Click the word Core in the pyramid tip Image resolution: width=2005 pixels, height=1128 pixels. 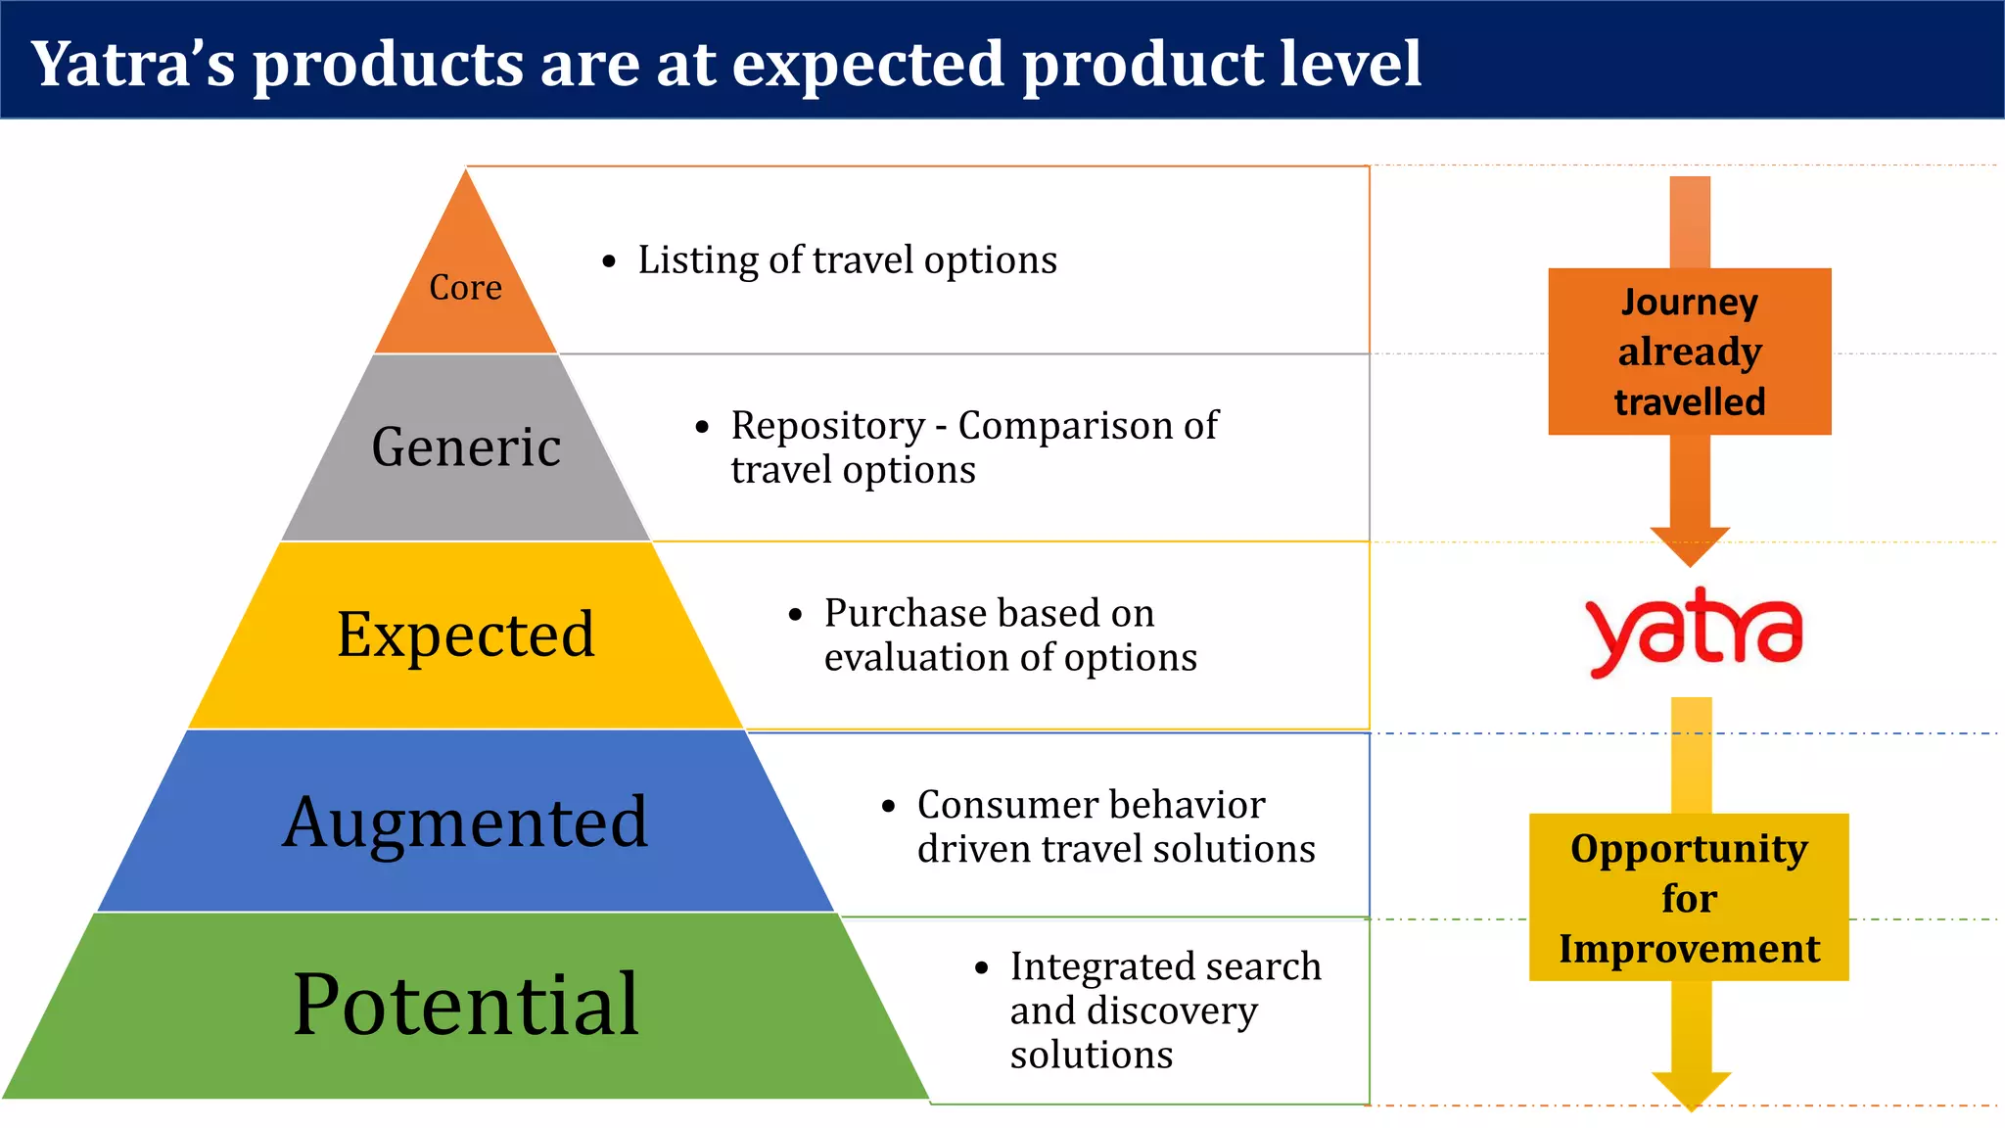coord(465,287)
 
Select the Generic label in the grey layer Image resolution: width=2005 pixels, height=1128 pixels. coord(466,447)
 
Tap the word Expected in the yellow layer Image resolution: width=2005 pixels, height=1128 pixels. coord(466,634)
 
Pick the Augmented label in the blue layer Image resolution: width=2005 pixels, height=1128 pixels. coord(466,822)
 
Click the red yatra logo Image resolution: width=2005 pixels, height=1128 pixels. coord(1693,632)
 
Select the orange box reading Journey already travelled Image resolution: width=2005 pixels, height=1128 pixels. coord(1689,352)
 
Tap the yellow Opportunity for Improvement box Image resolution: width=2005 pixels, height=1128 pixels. coord(1689,898)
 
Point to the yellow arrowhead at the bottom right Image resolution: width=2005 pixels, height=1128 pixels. coord(1691,1089)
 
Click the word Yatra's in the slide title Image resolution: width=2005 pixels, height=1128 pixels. coord(133,64)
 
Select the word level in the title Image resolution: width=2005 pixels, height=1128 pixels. coord(1350,64)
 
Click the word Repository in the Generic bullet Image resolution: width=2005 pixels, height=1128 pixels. coord(827,426)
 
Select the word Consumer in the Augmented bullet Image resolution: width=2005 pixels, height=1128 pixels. coord(998,805)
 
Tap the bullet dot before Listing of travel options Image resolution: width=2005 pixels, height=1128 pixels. coord(610,262)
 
